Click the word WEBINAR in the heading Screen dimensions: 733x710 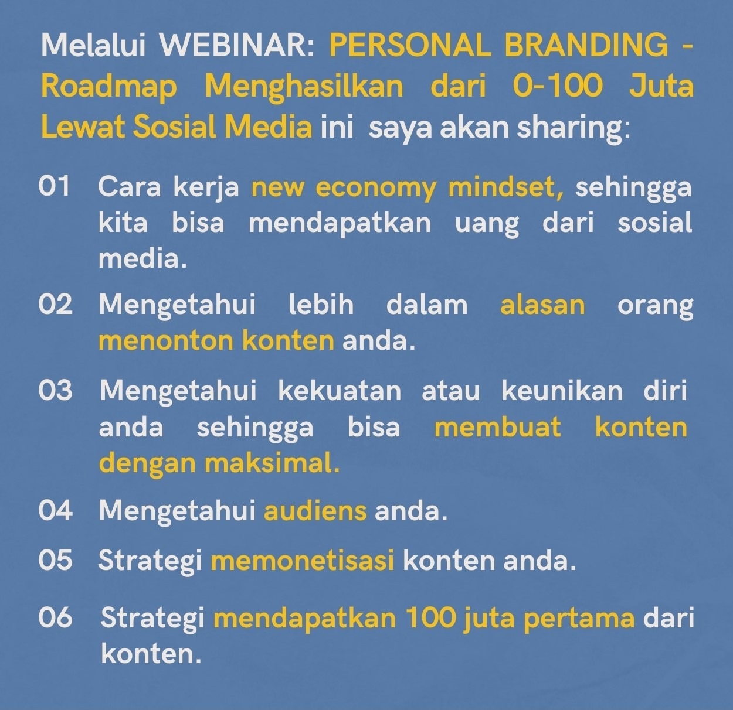(x=237, y=46)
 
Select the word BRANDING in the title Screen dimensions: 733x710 (x=586, y=46)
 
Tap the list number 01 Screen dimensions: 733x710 (x=55, y=186)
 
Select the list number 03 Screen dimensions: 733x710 (x=55, y=390)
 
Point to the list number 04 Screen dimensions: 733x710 (x=55, y=510)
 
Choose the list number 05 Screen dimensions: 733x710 (x=55, y=560)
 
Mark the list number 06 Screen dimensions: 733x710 (x=55, y=617)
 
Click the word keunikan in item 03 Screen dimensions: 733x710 (x=562, y=390)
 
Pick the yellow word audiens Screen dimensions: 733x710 (x=315, y=511)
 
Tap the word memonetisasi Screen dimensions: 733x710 (x=303, y=560)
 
